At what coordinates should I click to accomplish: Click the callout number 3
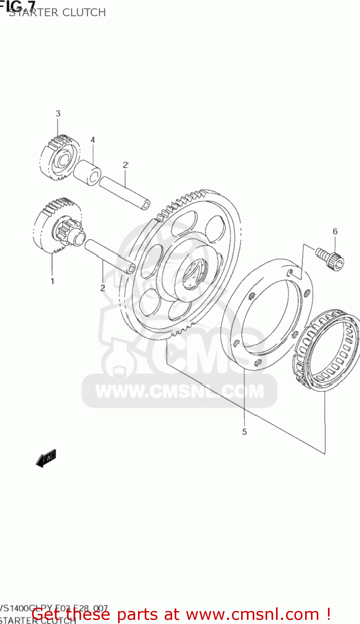(x=58, y=113)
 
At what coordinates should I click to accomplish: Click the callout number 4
(x=93, y=140)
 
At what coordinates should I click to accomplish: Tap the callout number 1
(x=52, y=281)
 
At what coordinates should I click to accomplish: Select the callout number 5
(x=244, y=432)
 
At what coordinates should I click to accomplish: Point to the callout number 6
(x=335, y=231)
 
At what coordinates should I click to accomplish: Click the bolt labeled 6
(x=330, y=258)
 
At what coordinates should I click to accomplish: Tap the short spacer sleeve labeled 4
(x=87, y=171)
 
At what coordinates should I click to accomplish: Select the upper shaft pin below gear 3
(x=124, y=193)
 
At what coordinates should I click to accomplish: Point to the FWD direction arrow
(x=46, y=458)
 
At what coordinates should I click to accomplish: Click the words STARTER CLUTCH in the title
(x=57, y=12)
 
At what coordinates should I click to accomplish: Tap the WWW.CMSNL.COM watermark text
(x=180, y=391)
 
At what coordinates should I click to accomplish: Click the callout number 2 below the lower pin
(x=102, y=288)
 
